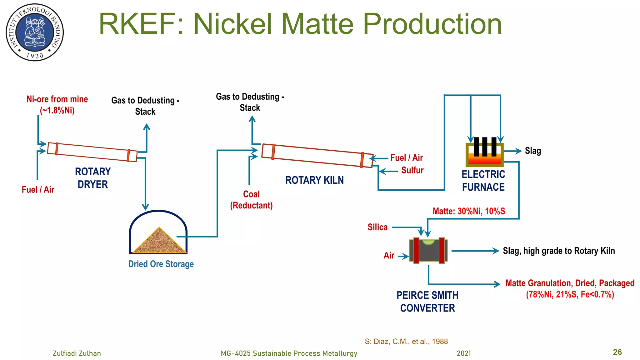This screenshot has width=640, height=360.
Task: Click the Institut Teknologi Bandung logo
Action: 35,32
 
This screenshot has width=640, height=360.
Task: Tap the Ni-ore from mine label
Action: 57,105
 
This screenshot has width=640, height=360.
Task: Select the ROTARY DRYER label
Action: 93,178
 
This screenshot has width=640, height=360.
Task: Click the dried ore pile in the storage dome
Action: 159,242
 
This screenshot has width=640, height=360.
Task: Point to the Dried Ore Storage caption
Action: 161,264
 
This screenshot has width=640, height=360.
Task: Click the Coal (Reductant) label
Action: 251,200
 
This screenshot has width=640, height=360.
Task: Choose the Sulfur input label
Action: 412,170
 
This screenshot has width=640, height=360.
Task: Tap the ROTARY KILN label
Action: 314,180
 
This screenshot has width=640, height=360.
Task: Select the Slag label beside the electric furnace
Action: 533,151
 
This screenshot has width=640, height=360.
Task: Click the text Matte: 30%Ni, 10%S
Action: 469,211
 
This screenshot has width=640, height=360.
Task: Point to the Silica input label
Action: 377,227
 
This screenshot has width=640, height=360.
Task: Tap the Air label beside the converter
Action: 389,256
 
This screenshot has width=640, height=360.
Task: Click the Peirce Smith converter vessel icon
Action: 428,251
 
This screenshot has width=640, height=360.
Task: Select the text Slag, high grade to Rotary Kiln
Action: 559,251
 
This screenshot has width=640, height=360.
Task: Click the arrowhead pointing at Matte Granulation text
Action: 497,284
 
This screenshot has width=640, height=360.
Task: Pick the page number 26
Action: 617,352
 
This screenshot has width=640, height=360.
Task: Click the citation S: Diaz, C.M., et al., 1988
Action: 406,341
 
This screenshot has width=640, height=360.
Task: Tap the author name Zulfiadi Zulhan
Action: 77,353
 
